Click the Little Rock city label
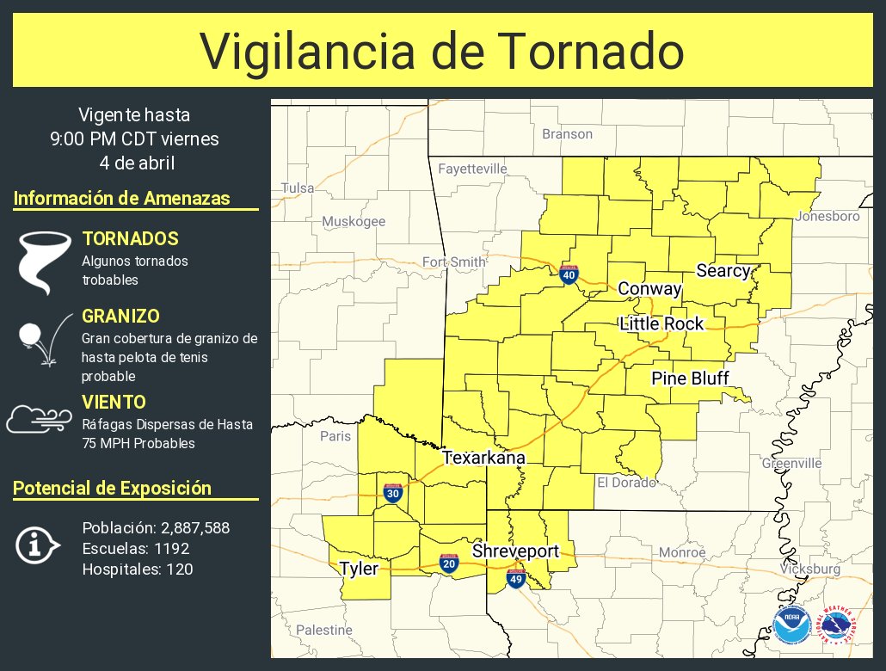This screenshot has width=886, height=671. point(661,323)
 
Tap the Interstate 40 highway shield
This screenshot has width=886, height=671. point(569,274)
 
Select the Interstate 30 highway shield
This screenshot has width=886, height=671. point(393,493)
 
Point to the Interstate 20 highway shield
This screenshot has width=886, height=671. point(448,563)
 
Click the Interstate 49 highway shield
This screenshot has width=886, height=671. point(515,579)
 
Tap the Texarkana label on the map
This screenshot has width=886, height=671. point(483,459)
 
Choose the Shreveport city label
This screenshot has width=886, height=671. point(515,551)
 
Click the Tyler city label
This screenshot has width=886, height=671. point(358,568)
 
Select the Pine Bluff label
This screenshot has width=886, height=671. point(690,379)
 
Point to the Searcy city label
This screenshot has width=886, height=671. point(723,270)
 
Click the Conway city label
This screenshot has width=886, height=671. point(649,289)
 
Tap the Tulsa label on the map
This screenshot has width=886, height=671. point(298,188)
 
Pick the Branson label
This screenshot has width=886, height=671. point(567,133)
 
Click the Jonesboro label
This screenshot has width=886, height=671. point(827,216)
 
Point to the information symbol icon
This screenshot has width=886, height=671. point(36,545)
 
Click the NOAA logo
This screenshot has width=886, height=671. point(790,625)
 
